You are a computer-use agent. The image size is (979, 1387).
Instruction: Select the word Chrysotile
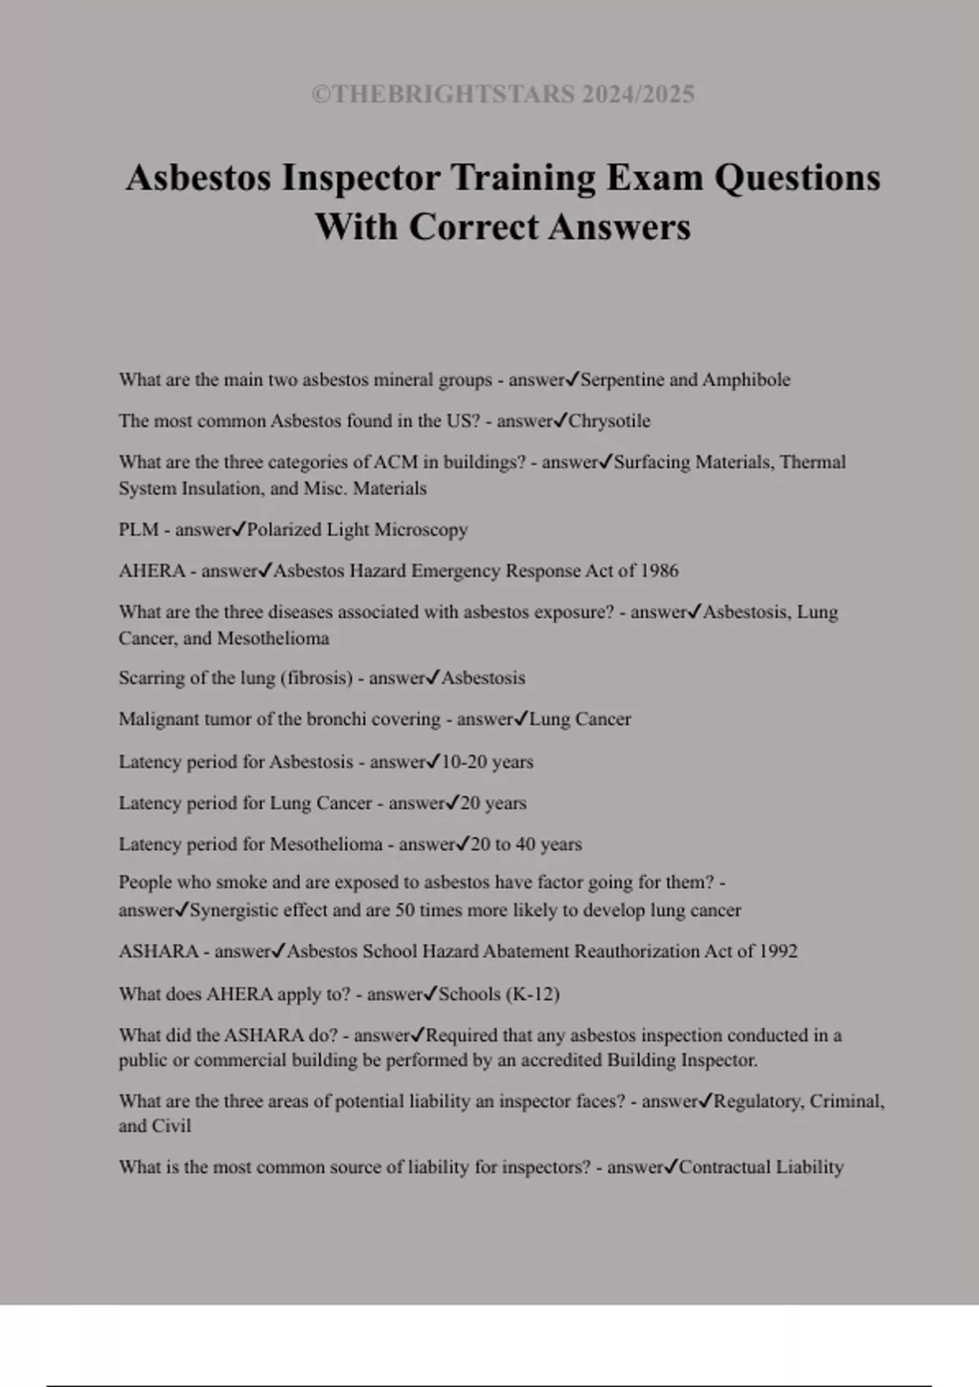coord(609,421)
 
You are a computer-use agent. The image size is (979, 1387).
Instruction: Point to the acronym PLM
coord(138,530)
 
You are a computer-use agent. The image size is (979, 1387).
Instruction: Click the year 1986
coord(659,570)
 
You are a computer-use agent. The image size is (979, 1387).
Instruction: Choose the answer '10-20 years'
coord(487,762)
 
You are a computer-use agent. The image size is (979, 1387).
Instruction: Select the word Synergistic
coord(234,911)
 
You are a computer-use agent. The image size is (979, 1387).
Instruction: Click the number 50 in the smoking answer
coord(405,911)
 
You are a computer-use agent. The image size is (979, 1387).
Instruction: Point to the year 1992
coord(778,951)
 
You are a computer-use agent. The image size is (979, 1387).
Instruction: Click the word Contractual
coord(724,1167)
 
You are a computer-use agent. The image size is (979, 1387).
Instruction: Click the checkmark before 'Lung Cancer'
coord(521,719)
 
